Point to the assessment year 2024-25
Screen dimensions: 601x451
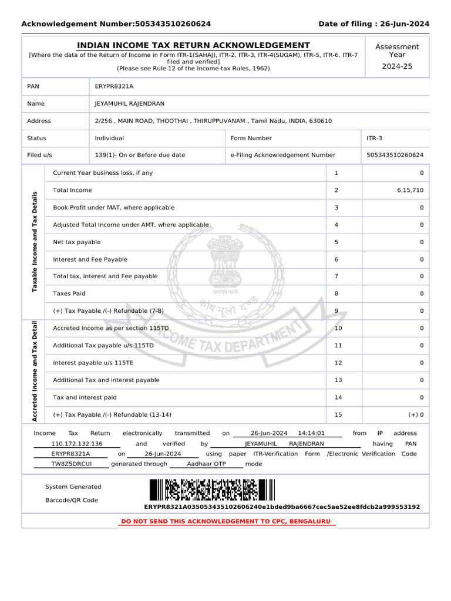coord(397,66)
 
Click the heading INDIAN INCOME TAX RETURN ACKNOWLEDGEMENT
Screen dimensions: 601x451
coord(194,46)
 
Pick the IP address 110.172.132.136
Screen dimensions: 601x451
coord(77,444)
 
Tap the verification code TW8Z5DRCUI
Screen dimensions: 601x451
coord(71,464)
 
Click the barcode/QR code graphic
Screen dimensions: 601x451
coord(211,490)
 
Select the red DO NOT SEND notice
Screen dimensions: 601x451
coord(225,521)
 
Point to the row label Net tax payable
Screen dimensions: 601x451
coord(77,242)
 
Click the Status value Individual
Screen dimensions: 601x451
coord(109,139)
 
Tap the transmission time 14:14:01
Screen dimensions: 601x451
coord(311,433)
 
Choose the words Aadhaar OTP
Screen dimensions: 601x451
coord(206,464)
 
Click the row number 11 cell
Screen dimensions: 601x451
coord(338,346)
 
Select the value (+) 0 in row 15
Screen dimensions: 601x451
coord(416,415)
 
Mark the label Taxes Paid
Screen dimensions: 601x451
coord(69,293)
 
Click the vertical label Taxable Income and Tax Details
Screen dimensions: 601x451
coord(35,241)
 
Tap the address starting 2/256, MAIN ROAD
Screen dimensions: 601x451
coord(213,121)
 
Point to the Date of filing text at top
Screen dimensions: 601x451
coord(373,24)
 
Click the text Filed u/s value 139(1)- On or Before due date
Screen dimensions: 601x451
coord(140,156)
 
